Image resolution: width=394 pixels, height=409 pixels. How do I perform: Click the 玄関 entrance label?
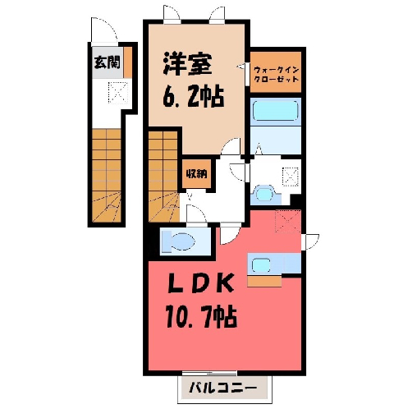[x=108, y=62]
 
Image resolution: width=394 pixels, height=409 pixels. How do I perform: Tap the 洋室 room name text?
[x=188, y=64]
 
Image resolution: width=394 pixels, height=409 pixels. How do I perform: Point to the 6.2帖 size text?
[x=194, y=97]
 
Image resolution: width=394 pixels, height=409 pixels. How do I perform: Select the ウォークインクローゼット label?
[x=276, y=75]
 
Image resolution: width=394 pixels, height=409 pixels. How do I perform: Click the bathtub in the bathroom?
[x=275, y=111]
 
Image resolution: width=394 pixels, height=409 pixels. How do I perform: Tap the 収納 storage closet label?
[x=197, y=174]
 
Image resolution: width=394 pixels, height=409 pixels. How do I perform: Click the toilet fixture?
[x=178, y=241]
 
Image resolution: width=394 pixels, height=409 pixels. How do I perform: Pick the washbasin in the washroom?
[x=263, y=195]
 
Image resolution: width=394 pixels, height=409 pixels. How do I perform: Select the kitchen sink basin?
[x=261, y=265]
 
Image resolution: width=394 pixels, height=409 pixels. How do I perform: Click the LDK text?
[x=201, y=283]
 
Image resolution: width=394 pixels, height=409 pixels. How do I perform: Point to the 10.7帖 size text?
[x=201, y=318]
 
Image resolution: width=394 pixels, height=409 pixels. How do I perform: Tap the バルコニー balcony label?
[x=223, y=388]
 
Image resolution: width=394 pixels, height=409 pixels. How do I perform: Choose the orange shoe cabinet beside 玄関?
[x=127, y=62]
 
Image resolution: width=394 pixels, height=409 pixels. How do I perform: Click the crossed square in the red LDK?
[x=288, y=221]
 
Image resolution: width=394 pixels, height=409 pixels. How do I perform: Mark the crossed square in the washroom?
[x=291, y=177]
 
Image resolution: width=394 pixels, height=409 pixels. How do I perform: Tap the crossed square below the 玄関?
[x=118, y=93]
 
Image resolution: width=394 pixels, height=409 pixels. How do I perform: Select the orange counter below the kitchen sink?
[x=264, y=282]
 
